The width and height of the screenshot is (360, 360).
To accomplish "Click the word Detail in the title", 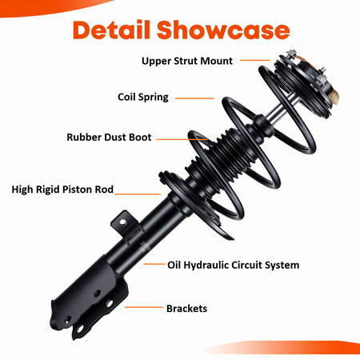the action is [111, 30].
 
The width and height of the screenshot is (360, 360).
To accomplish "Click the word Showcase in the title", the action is [223, 30].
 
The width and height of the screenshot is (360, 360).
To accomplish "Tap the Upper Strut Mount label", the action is [187, 61].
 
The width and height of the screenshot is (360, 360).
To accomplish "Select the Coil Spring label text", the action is [143, 97].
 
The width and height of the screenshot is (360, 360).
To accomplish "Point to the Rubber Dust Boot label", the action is [109, 137].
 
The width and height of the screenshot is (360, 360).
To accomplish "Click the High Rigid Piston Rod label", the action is [62, 190].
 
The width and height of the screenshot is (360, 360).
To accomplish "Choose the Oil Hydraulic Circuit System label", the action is [233, 265].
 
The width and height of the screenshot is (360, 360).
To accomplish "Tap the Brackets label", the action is [186, 309].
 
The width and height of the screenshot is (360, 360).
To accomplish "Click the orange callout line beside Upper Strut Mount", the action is [255, 60].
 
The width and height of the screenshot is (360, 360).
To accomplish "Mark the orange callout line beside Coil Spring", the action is [194, 98].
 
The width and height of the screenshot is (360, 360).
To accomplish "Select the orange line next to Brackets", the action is [144, 307].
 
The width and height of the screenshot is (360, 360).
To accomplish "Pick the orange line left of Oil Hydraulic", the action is [154, 264].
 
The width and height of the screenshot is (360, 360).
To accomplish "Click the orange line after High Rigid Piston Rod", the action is [138, 194].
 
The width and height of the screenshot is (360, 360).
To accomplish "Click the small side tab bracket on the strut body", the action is [125, 224].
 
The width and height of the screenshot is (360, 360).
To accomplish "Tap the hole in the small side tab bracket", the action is [122, 222].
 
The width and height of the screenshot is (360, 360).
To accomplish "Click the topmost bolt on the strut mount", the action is [292, 53].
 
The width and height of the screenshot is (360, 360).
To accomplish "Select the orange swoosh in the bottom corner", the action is [282, 347].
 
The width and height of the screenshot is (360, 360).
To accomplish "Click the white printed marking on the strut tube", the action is [144, 248].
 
